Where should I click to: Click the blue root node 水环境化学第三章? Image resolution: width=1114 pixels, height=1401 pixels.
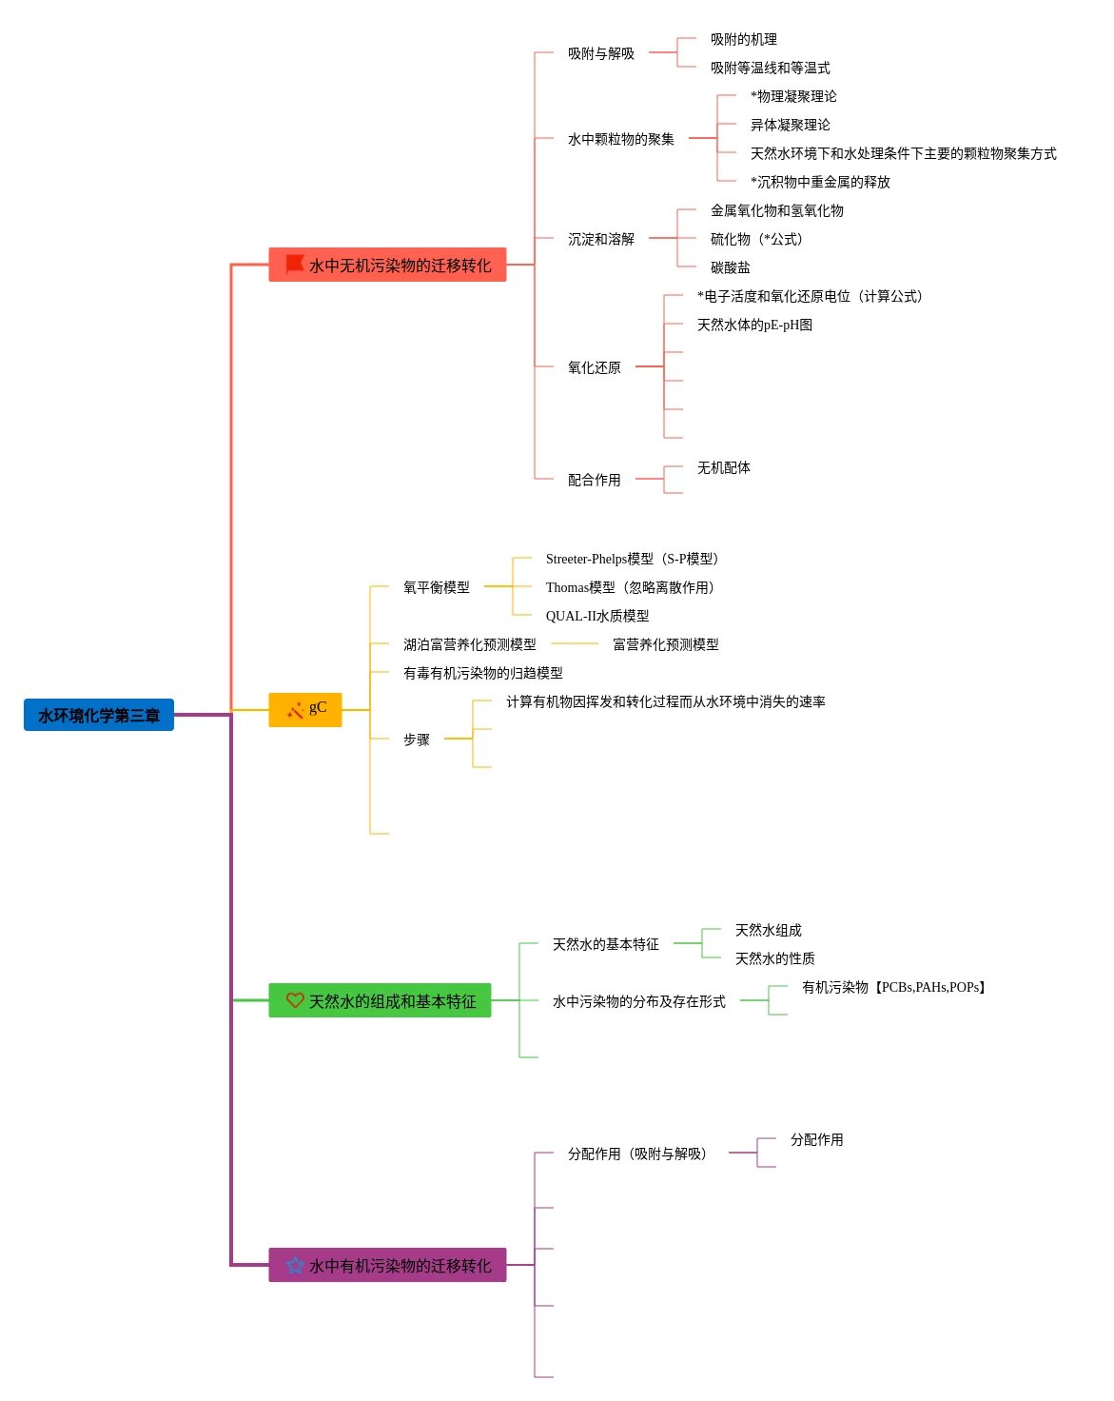coord(99,715)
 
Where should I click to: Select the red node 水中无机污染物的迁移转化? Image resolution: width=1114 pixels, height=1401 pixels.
coord(387,265)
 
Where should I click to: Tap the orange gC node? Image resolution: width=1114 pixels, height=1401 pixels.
coord(305,709)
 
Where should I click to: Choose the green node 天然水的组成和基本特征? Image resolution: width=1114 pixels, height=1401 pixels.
coord(380,1000)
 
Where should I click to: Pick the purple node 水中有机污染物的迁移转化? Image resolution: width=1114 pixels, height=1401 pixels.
coord(387,1265)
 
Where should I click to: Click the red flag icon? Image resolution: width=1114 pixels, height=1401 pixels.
coord(295,264)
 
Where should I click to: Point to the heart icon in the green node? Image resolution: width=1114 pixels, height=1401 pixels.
coord(295,1000)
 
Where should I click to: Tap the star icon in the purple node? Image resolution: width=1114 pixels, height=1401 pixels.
coord(295,1265)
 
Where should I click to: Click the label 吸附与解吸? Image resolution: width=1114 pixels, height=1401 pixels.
coord(601,53)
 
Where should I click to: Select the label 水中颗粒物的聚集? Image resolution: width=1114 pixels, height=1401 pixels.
coord(621,139)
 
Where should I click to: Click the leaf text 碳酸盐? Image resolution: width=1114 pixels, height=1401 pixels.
coord(731,267)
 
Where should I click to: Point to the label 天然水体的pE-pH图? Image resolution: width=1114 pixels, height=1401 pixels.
coord(754,325)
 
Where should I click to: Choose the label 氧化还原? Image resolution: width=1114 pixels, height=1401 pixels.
coord(595,367)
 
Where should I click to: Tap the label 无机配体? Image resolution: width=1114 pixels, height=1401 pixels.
coord(724,467)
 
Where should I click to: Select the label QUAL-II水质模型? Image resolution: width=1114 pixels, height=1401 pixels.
coord(597,616)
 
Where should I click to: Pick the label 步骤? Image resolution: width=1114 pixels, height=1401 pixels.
coord(417,740)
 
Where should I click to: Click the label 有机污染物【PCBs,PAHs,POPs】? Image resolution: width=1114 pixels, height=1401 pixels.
coord(895,987)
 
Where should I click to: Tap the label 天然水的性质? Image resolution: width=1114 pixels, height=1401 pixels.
coord(775,958)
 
